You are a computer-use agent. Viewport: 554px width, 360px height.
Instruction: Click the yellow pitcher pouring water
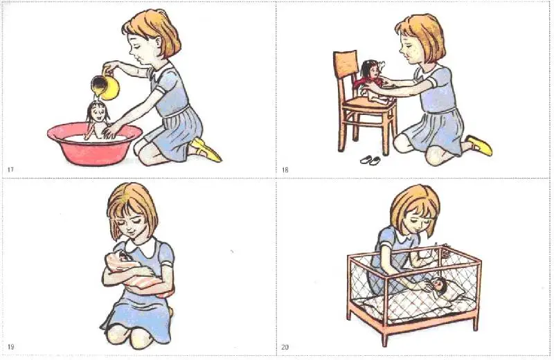click(105, 86)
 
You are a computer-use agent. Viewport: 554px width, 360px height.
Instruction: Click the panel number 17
click(10, 170)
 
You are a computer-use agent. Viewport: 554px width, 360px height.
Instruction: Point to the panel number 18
click(285, 170)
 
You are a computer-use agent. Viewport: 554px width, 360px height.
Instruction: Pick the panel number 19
click(10, 347)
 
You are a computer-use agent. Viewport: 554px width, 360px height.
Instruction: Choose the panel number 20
click(285, 347)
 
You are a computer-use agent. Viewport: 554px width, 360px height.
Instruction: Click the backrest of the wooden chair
click(346, 64)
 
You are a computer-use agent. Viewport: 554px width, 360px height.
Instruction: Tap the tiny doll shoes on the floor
click(370, 160)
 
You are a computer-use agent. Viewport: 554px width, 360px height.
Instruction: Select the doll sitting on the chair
click(372, 82)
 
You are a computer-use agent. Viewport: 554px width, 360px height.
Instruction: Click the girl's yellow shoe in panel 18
click(479, 145)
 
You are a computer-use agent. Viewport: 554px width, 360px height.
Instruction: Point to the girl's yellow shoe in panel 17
click(206, 150)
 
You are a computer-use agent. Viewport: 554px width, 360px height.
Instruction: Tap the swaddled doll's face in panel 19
click(123, 257)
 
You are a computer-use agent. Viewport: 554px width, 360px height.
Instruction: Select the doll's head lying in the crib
click(439, 282)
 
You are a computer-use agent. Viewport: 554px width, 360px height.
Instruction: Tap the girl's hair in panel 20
click(414, 207)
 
